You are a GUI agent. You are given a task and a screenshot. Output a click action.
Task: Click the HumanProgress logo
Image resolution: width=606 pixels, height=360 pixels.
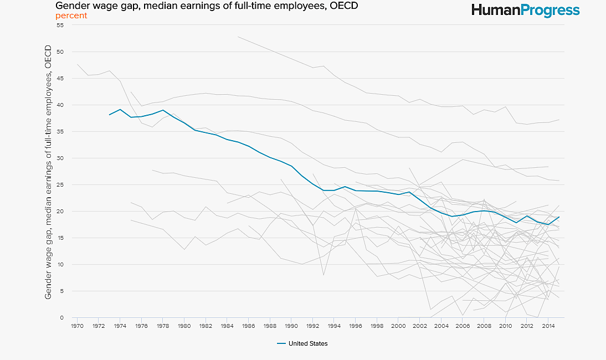coord(525,10)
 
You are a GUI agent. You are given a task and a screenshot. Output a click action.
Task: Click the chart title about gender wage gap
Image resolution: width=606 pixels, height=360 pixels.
coord(207,6)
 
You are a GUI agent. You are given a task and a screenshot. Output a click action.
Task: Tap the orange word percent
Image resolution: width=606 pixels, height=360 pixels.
coord(71,16)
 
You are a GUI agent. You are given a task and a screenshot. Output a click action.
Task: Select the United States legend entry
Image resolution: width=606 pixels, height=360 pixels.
coord(302,343)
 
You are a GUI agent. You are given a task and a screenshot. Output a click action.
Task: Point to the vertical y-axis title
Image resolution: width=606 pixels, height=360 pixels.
coord(48,173)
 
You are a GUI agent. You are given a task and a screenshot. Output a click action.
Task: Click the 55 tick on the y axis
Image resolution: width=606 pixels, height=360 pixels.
coord(60,25)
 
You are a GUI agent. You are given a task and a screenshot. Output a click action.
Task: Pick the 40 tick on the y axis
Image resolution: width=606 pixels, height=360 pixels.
coord(60,105)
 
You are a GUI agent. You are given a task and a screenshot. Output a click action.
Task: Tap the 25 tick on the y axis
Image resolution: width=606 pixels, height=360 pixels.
coord(60,185)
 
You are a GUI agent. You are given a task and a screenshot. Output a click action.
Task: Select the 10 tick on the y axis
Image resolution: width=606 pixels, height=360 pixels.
coord(60,265)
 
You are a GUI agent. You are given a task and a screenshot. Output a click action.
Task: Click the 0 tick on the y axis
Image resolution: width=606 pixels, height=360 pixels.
coord(62,318)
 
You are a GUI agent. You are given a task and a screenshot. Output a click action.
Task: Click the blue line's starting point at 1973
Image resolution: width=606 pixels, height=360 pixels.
coord(110,115)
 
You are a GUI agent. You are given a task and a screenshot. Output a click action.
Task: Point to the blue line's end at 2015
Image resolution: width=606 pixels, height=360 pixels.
coord(559,217)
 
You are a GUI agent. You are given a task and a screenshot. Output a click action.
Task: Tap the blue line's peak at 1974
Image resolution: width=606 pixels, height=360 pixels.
coord(120,109)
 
